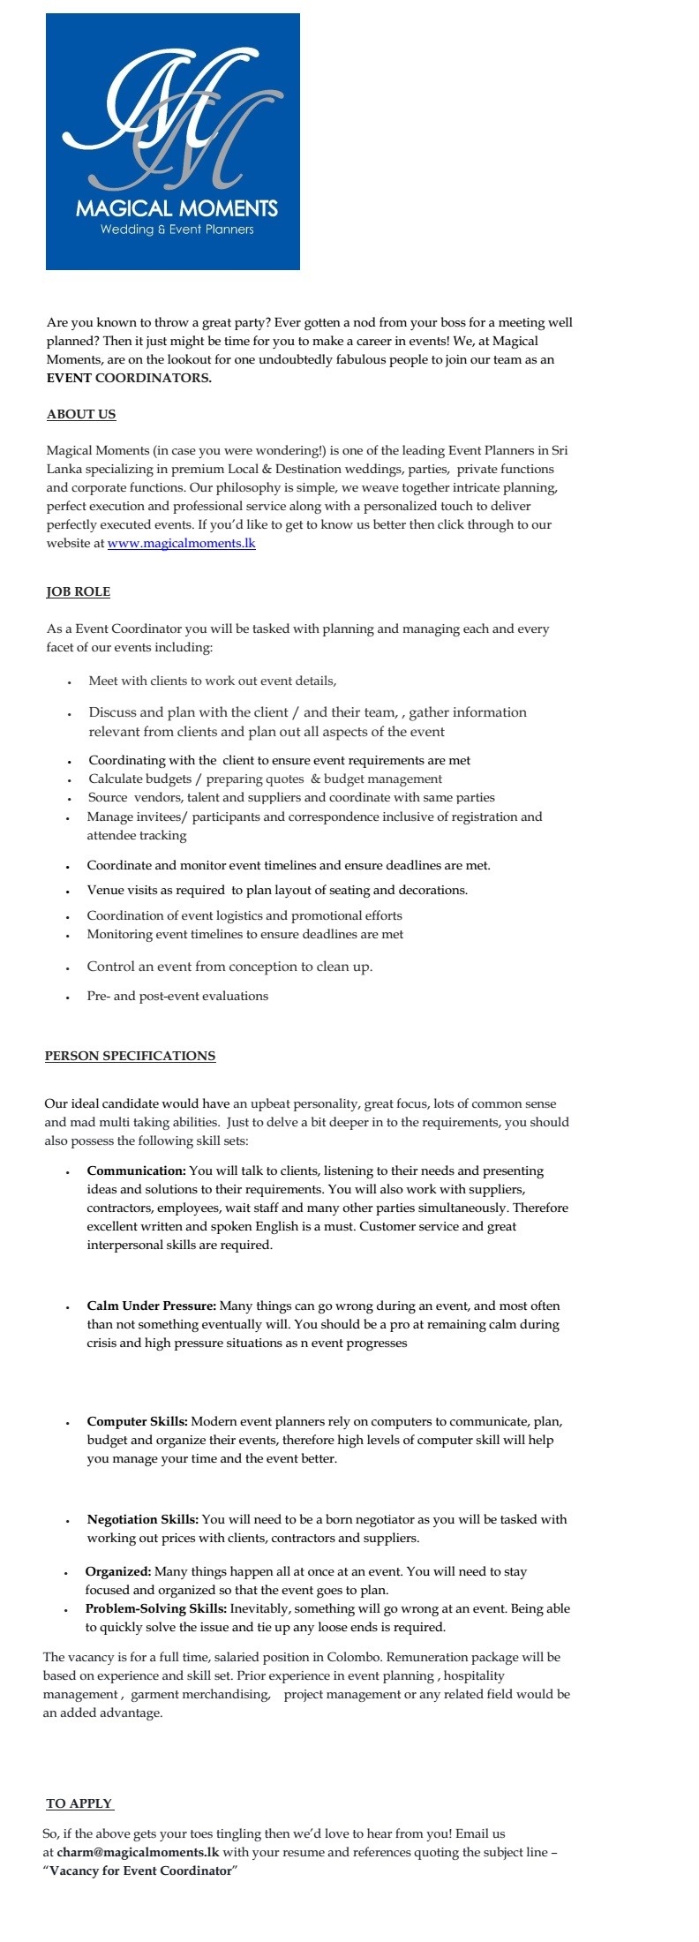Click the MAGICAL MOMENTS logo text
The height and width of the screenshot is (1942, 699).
tap(177, 208)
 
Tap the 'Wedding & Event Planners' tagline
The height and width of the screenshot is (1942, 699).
tap(177, 230)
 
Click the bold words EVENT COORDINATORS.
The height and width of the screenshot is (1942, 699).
tap(129, 378)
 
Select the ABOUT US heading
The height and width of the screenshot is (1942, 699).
tap(81, 414)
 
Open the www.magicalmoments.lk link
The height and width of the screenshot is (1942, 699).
tap(181, 543)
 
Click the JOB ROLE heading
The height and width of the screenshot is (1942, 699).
tap(79, 591)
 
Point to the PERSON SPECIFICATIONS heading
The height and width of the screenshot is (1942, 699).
tap(130, 1056)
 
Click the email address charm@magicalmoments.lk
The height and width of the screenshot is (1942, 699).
tap(138, 1852)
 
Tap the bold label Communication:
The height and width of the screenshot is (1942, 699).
tap(136, 1170)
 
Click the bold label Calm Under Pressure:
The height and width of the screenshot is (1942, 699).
tap(151, 1306)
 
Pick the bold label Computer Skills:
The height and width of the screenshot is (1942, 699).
tap(137, 1421)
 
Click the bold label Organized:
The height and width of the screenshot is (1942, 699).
tap(118, 1571)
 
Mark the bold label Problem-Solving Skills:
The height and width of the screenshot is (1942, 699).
tap(155, 1608)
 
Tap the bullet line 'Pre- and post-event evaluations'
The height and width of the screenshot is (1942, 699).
tap(177, 996)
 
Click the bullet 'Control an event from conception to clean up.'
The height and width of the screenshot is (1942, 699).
tap(229, 967)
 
